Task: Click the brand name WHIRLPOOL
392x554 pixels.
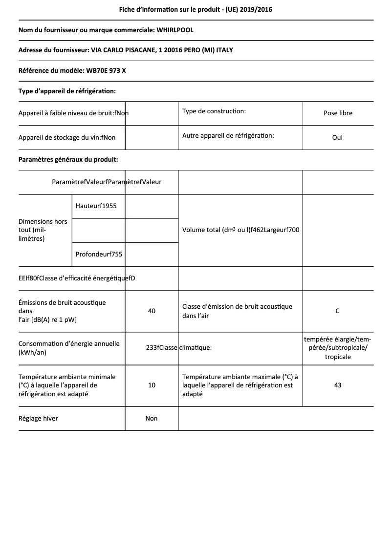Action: click(174, 30)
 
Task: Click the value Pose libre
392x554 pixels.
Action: click(338, 113)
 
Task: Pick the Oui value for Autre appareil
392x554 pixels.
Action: click(337, 138)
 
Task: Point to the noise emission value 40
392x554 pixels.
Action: click(152, 311)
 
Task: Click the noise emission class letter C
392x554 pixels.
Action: click(337, 311)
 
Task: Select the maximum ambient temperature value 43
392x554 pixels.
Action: click(337, 385)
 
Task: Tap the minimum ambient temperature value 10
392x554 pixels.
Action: click(152, 385)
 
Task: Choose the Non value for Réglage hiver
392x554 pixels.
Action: click(152, 419)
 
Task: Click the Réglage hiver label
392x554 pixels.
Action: click(38, 419)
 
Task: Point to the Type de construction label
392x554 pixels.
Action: click(214, 111)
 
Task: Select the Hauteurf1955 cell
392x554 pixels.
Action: click(96, 206)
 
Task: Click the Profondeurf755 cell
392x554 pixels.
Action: click(99, 254)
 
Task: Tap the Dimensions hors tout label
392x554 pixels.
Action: click(43, 230)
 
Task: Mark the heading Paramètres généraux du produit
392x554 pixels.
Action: click(68, 159)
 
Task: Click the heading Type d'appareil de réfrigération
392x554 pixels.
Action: click(67, 91)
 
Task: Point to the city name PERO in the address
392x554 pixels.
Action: click(186, 50)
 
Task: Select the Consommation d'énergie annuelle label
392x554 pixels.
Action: click(69, 348)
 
